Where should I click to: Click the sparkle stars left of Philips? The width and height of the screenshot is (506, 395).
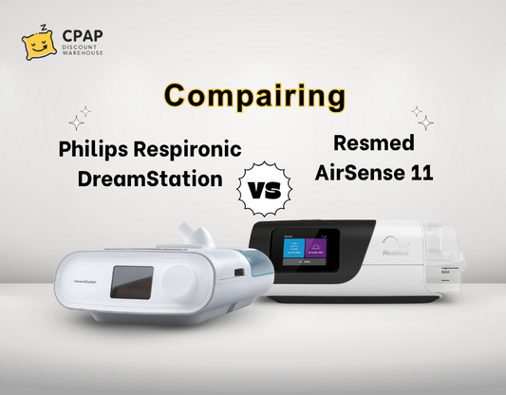(x=81, y=118)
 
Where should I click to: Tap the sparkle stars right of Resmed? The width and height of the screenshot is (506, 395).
(x=422, y=117)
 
